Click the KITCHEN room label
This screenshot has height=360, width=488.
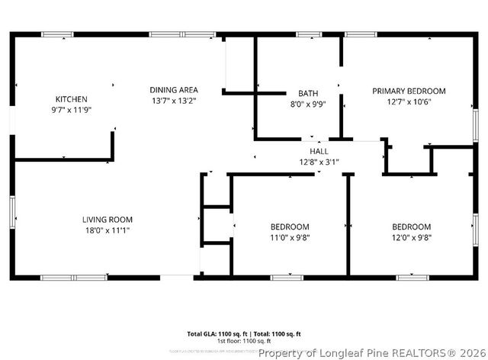pyautogui.click(x=71, y=99)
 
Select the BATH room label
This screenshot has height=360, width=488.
pyautogui.click(x=297, y=93)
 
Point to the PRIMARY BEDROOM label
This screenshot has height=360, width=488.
pyautogui.click(x=409, y=91)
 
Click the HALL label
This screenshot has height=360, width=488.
pyautogui.click(x=319, y=151)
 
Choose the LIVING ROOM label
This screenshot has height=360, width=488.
pyautogui.click(x=108, y=220)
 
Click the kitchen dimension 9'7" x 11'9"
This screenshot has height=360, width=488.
pyautogui.click(x=71, y=110)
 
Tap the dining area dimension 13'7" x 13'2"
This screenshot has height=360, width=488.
pyautogui.click(x=174, y=101)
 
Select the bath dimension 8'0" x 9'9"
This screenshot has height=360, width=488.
pyautogui.click(x=297, y=104)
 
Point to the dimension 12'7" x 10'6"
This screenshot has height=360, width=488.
pyautogui.click(x=409, y=101)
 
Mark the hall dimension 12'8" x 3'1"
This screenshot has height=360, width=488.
pyautogui.click(x=319, y=162)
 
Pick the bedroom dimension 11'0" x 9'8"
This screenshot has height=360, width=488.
pyautogui.click(x=290, y=237)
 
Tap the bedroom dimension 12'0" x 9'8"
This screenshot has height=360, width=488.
pyautogui.click(x=412, y=237)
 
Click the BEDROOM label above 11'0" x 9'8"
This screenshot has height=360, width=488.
pyautogui.click(x=290, y=227)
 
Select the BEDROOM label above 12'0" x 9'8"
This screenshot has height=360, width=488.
pyautogui.click(x=412, y=227)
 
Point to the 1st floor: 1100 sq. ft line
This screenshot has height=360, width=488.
pyautogui.click(x=244, y=341)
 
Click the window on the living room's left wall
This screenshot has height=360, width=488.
pyautogui.click(x=11, y=211)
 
